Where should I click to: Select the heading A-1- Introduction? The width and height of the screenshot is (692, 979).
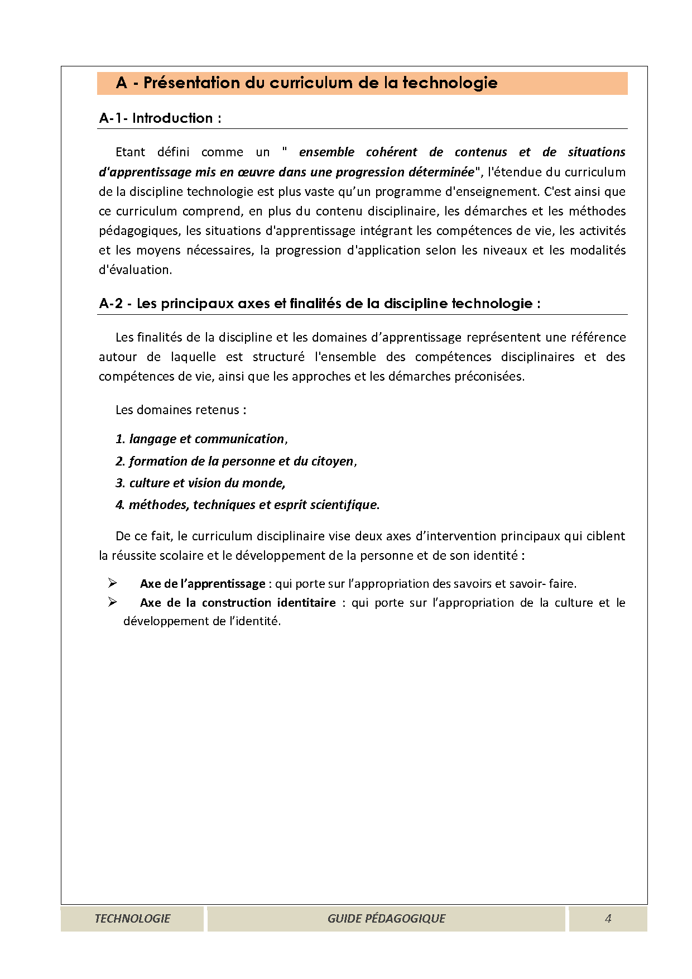point(160,118)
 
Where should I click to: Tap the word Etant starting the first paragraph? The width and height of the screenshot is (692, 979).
point(130,152)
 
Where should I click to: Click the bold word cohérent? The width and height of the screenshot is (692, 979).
point(391,152)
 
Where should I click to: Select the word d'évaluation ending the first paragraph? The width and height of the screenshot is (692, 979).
point(135,270)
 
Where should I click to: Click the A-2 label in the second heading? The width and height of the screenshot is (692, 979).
point(110,304)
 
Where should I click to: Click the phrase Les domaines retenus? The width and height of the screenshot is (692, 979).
point(181,410)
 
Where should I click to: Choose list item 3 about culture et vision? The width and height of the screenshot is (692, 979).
point(200,483)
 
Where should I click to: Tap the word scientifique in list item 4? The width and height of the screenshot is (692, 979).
point(343,505)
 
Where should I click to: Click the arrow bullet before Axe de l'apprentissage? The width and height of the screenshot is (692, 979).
point(113,583)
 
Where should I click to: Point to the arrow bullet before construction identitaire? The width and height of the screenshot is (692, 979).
point(113,602)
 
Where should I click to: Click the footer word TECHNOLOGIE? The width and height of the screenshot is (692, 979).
point(132,919)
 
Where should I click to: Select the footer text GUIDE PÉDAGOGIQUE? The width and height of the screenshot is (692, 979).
point(386,919)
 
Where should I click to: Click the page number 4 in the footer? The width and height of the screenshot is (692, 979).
point(608,919)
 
